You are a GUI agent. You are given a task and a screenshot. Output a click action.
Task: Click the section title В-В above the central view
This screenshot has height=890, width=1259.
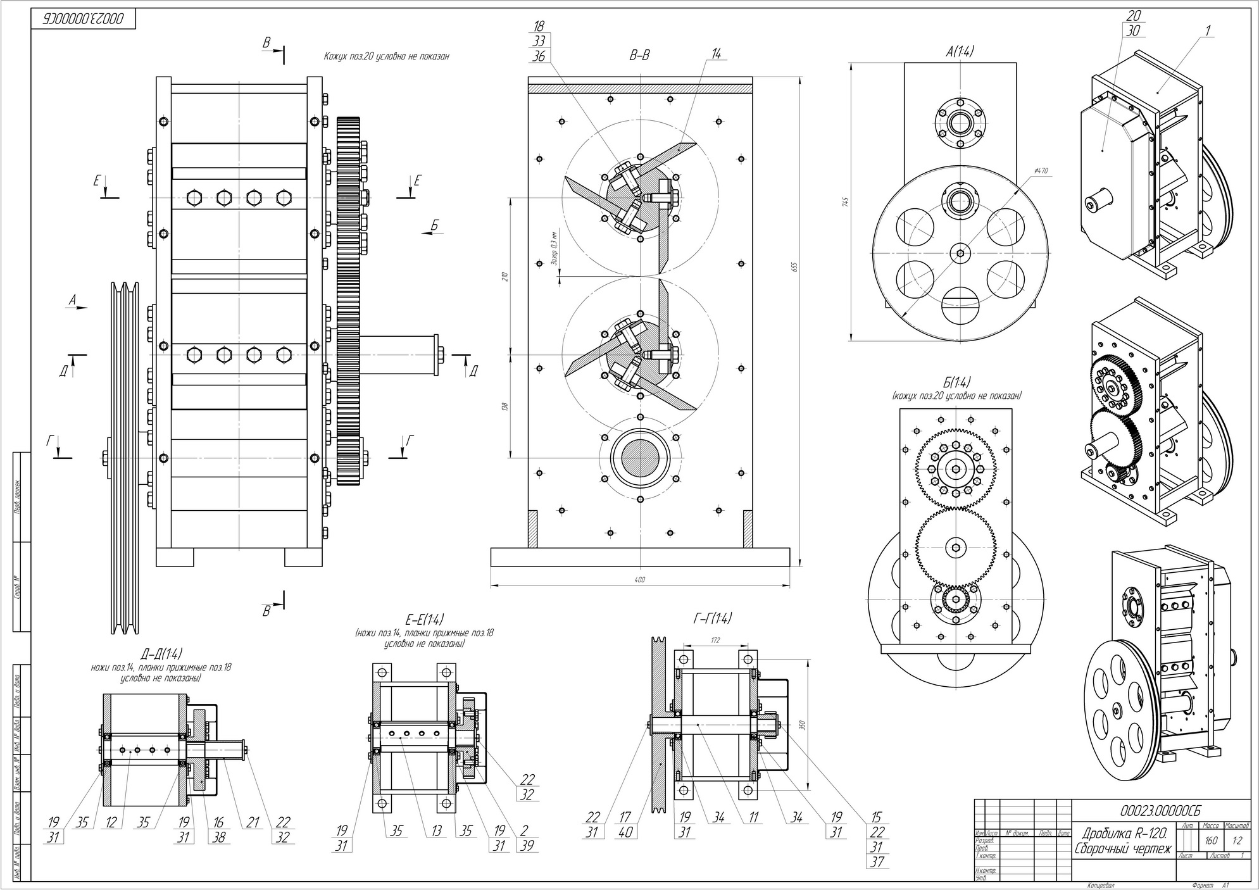pos(639,56)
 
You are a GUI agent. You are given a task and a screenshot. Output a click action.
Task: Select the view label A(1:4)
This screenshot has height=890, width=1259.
pos(960,52)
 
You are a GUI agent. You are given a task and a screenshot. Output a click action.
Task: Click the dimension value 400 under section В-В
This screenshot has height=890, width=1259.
pos(639,579)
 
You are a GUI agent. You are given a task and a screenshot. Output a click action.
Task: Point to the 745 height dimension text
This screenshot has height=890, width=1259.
pos(845,201)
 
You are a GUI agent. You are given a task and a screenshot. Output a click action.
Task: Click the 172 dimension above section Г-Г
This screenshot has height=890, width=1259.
pos(715,641)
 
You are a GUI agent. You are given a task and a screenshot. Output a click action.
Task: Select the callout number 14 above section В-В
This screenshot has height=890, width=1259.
pos(716,55)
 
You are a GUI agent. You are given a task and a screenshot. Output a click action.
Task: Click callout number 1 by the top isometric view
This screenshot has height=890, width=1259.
pos(1208,30)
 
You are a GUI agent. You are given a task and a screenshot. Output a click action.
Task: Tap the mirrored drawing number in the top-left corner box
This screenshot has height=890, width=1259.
pos(85,20)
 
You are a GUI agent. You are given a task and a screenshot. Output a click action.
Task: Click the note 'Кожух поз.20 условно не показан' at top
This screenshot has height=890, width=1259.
pos(386,56)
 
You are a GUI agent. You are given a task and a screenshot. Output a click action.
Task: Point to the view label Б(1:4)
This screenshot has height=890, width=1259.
pos(956,382)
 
